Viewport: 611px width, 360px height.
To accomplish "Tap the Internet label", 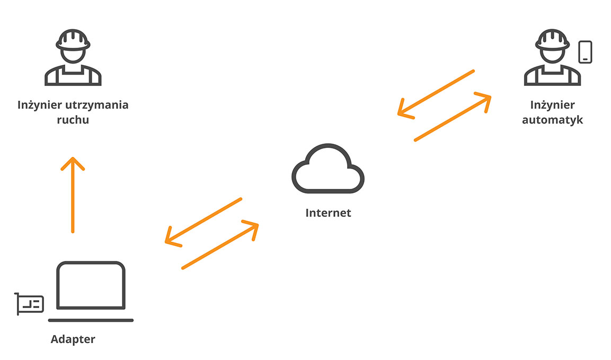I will coord(328,213).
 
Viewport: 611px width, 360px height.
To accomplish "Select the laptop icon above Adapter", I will coord(91,286).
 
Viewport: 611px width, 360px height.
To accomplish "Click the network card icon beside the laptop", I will coord(30,303).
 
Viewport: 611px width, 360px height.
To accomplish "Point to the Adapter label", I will coord(73,339).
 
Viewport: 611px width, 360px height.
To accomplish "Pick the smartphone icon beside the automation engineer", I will coord(585,52).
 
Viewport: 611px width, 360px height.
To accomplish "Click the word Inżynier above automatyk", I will coord(553,105).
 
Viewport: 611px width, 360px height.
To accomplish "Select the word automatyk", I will coord(553,120).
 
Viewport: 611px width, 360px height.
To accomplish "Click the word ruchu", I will coord(73,119).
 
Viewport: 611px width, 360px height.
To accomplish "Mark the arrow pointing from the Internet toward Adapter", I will coord(203,222).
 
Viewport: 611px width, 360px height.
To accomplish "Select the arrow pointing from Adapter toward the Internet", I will coord(220,245).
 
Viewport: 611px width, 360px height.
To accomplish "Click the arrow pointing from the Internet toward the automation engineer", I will coord(453,117).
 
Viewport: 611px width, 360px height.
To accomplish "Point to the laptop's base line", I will coord(91,320).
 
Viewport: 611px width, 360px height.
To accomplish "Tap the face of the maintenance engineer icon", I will coord(73,55).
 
